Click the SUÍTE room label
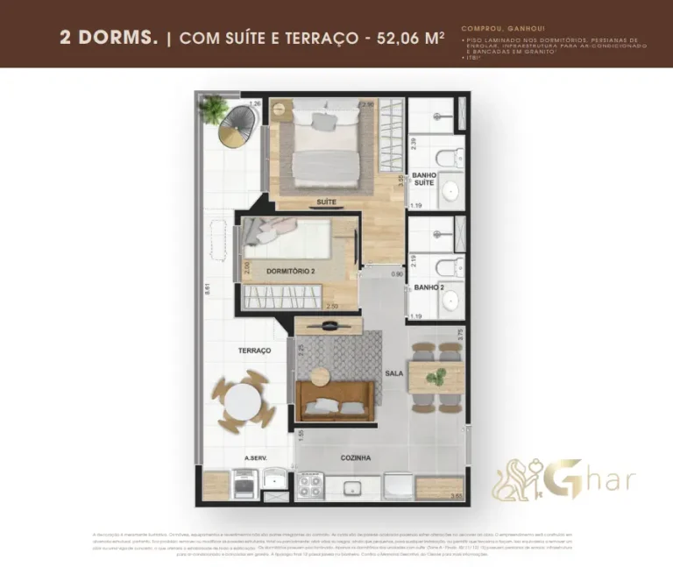coord(326,202)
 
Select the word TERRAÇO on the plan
coord(253,351)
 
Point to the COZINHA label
coord(356,457)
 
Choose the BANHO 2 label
coord(430,287)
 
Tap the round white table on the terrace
coord(241,403)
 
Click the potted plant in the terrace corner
coord(214,109)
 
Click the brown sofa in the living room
coord(335,399)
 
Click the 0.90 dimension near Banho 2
coord(396,274)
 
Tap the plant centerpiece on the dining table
coord(435,378)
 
